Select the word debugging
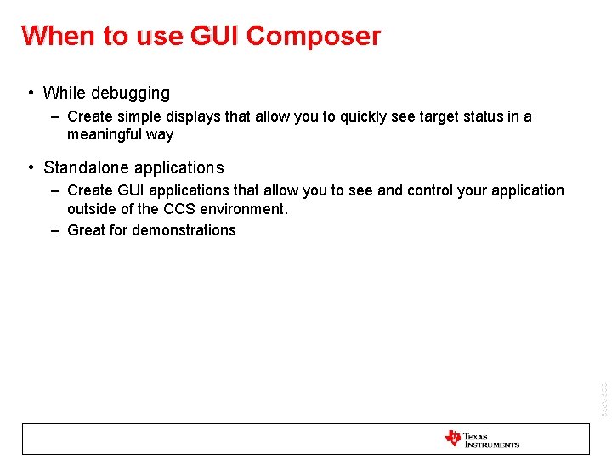pos(132,93)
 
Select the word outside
pos(91,208)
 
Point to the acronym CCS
pos(180,208)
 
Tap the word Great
pos(86,230)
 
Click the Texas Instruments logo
pos(481,439)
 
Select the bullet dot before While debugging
pos(31,93)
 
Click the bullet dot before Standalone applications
pos(31,167)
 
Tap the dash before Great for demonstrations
pos(54,230)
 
